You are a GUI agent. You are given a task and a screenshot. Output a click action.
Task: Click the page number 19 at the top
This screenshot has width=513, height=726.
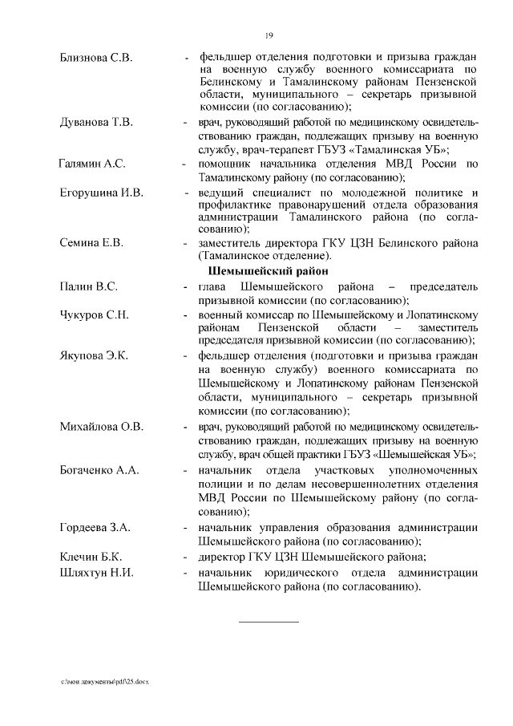269,34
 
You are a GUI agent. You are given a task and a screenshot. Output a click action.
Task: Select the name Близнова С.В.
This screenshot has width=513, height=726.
96,59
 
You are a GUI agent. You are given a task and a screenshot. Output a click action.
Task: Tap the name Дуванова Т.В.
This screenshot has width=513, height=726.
96,123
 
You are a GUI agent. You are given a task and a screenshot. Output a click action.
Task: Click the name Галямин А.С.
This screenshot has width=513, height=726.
91,164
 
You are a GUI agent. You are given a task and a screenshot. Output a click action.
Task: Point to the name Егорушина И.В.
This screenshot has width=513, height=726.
101,193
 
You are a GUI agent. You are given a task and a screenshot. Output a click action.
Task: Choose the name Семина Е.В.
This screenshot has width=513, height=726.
91,243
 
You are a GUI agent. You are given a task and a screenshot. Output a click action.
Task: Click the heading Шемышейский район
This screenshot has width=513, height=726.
269,270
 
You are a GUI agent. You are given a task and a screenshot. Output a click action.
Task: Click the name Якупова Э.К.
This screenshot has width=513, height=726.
94,355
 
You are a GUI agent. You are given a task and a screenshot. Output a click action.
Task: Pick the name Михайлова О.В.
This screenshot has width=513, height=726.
101,426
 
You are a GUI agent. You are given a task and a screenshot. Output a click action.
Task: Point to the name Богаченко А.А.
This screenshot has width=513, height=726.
99,468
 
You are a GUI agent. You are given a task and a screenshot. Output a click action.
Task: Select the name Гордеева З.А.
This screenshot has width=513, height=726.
95,527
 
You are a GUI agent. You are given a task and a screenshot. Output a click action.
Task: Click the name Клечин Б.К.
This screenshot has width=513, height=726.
91,556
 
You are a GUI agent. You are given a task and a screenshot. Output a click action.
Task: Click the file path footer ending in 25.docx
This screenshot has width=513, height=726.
105,681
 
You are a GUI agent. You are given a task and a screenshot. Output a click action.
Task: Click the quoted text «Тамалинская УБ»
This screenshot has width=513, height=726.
400,150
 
